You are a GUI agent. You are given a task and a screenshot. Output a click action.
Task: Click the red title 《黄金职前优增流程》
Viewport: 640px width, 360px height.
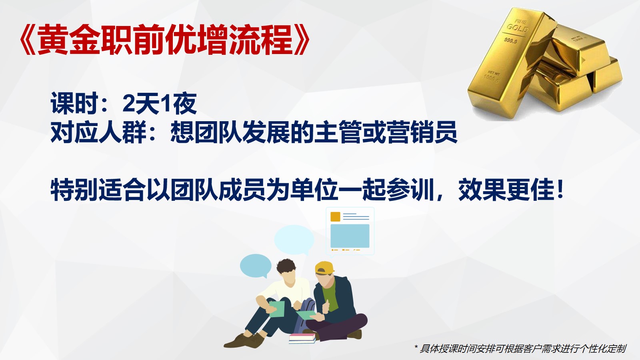pos(164,40)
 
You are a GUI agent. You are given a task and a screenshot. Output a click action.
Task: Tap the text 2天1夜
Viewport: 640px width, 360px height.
pos(160,104)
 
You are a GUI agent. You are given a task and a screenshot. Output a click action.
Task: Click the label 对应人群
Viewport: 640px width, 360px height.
pos(98,132)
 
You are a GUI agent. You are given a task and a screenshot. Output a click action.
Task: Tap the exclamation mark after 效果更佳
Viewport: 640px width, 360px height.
pos(560,190)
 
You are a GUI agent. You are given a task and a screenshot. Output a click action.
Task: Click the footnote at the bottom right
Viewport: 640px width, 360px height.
pos(520,348)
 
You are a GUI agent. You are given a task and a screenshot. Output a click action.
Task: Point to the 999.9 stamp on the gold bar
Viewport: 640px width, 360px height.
pos(510,40)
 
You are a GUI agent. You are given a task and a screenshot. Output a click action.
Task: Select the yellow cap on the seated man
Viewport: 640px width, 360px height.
pos(324,268)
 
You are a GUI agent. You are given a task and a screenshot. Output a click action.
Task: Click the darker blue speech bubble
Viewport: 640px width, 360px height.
pos(256,266)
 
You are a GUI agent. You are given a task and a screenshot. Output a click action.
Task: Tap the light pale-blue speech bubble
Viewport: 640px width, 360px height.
pos(294,240)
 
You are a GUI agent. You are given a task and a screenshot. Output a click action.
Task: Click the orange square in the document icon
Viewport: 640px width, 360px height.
pos(335,216)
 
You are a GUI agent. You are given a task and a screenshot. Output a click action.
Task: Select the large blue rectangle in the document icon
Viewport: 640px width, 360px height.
pos(350,236)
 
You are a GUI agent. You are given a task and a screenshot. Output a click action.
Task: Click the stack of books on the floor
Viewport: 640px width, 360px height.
pos(302,338)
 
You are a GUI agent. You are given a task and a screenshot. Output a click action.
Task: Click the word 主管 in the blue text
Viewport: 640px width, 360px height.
pos(338,132)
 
